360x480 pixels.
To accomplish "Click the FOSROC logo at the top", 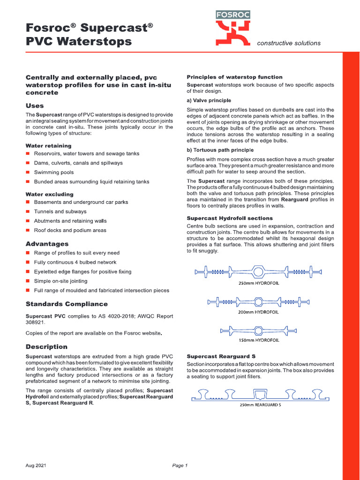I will pyautogui.click(x=233, y=28).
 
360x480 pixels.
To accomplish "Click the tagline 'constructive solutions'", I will pyautogui.click(x=289, y=43).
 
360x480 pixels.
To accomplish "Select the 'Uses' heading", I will pyautogui.click(x=35, y=105).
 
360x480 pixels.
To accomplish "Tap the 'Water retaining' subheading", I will pyautogui.click(x=48, y=146).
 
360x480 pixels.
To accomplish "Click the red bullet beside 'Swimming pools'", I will pyautogui.click(x=28, y=172).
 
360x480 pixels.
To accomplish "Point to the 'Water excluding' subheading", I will pyautogui.click(x=49, y=194).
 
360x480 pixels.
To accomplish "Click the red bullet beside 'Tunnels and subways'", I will pyautogui.click(x=28, y=211).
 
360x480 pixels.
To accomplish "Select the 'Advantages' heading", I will pyautogui.click(x=47, y=244).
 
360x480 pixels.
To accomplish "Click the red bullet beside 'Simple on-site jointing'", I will pyautogui.click(x=28, y=281).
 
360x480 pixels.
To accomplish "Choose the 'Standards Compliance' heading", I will pyautogui.click(x=66, y=304).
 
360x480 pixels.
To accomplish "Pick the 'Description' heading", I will pyautogui.click(x=46, y=347).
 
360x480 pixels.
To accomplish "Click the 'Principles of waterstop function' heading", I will pyautogui.click(x=234, y=77).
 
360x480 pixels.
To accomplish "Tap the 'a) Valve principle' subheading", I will pyautogui.click(x=209, y=100).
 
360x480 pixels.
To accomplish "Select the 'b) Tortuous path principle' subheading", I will pyautogui.click(x=220, y=150).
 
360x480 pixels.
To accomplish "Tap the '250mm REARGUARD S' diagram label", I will pyautogui.click(x=260, y=405).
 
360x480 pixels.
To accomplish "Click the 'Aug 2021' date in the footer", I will pyautogui.click(x=36, y=465).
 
